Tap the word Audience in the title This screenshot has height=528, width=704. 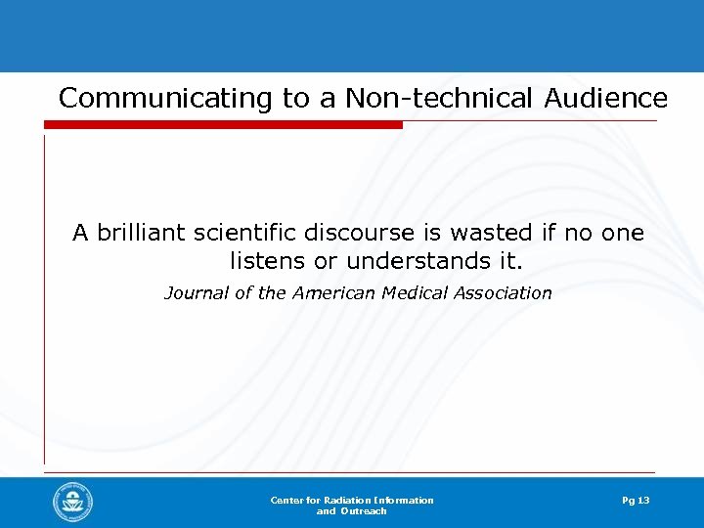pos(600,99)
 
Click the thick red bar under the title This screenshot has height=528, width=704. pos(223,124)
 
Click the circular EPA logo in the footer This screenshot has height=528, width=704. pos(73,503)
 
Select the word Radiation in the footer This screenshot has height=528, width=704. pos(346,501)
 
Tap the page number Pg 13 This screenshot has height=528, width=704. pos(636,501)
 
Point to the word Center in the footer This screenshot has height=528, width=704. pos(286,501)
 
